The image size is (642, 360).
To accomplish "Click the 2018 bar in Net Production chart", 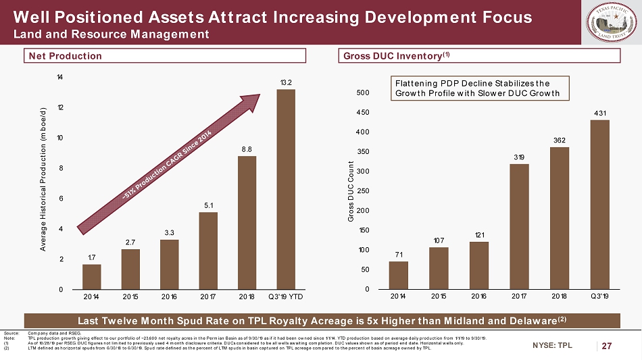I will pos(247,223).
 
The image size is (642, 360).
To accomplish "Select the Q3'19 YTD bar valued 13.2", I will pos(286,189).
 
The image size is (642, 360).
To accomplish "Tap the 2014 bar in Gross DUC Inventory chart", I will pos(399,276).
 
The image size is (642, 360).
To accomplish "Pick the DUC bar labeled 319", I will pos(518,226).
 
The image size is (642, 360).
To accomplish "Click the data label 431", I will pos(598,113).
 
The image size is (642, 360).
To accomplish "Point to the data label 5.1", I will pos(208,205).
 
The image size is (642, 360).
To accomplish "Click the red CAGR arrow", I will pos(169,163).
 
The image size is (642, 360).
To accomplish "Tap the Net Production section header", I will pos(65,56).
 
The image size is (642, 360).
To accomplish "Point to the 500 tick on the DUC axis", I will pos(364,93).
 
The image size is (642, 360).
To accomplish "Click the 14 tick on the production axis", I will pos(61,78).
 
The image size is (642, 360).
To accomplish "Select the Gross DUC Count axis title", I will pos(351,192).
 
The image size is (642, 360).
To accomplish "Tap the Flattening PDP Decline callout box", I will pos(476,88).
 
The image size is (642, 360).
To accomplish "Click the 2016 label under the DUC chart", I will pos(478,296).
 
